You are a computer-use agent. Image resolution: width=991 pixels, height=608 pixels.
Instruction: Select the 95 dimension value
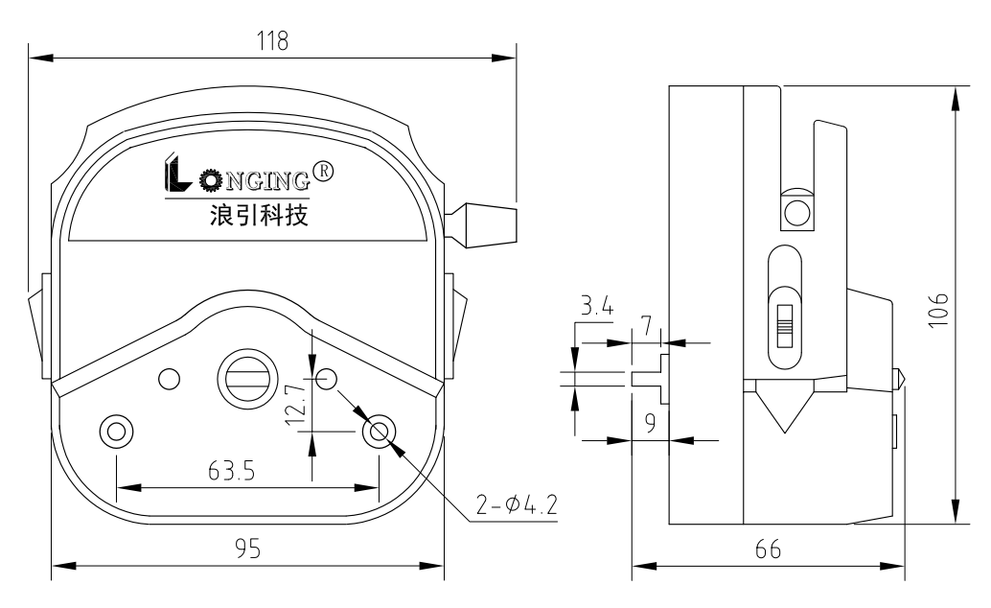pyautogui.click(x=246, y=548)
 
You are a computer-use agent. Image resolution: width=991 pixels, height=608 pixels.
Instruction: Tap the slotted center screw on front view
pyautogui.click(x=246, y=377)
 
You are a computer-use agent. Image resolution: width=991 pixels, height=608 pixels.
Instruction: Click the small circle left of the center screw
pyautogui.click(x=169, y=378)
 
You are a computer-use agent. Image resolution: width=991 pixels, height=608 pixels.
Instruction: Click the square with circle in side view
pyautogui.click(x=795, y=211)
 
